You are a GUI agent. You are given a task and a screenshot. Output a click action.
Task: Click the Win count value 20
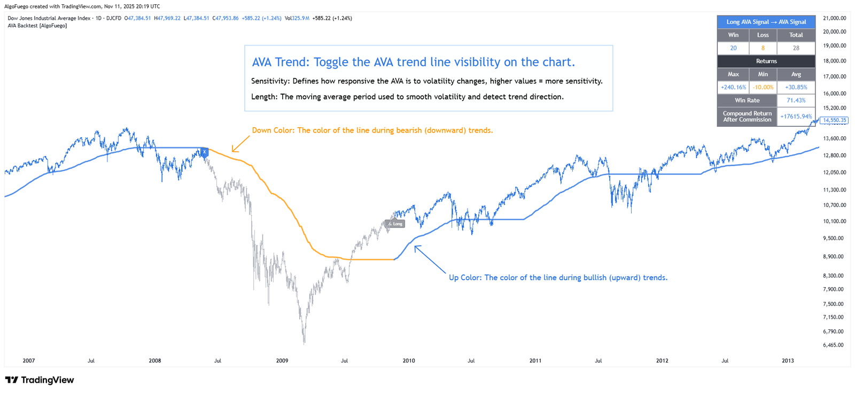point(733,48)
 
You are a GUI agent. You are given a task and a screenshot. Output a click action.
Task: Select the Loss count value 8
point(763,48)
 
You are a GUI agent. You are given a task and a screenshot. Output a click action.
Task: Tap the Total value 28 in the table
point(796,48)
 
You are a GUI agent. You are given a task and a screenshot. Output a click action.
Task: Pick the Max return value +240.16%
point(733,87)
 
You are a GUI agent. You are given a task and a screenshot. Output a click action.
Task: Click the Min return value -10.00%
point(763,87)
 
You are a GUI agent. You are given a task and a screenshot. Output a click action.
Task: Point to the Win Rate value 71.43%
point(796,101)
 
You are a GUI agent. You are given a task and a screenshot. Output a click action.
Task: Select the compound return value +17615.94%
point(796,117)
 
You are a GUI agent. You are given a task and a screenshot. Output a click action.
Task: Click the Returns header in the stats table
point(766,61)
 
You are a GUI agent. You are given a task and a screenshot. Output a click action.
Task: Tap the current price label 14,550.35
point(834,120)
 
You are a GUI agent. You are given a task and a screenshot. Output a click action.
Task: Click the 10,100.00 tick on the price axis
point(834,221)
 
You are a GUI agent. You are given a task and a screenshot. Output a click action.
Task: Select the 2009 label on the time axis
point(282,361)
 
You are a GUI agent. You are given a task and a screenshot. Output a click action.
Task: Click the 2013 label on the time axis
point(788,361)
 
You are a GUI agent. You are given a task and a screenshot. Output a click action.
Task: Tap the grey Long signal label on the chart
point(395,224)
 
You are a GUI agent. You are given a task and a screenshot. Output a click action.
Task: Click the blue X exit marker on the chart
point(204,152)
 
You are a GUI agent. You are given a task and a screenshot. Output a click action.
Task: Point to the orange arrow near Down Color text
point(240,144)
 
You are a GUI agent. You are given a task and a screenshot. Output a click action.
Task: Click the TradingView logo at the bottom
point(40,380)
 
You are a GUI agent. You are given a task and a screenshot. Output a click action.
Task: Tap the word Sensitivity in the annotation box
point(270,81)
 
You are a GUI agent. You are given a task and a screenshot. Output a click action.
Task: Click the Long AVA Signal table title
point(766,22)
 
